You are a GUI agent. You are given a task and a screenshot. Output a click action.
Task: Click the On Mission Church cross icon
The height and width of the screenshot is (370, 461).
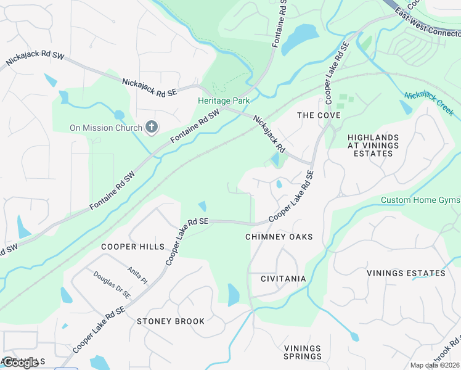coord(152,128)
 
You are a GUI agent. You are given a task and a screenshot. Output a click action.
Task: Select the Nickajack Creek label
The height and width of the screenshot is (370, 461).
coord(429,103)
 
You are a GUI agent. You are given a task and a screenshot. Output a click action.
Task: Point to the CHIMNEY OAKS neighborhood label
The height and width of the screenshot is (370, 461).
coord(279,237)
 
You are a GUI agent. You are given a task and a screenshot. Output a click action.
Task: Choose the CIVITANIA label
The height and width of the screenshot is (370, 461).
coord(284,279)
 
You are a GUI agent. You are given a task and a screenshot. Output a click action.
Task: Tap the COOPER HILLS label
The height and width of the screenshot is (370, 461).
coord(133,247)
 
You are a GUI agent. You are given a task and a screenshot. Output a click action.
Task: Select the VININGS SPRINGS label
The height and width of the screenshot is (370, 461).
coord(303,352)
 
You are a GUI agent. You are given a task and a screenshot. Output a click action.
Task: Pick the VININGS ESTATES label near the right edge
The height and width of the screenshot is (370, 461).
coord(406,273)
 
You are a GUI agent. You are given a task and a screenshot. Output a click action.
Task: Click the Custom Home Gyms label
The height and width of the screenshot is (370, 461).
coord(420,200)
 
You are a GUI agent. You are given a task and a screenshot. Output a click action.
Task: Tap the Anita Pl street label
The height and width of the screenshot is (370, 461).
coord(137,274)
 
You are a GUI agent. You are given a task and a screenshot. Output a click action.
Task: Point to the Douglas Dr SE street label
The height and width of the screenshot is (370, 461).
coord(112,286)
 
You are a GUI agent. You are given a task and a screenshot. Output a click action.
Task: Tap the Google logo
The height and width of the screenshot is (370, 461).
coord(20,363)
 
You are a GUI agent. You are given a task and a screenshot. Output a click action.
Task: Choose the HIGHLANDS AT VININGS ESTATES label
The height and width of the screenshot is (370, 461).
coord(373,146)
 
